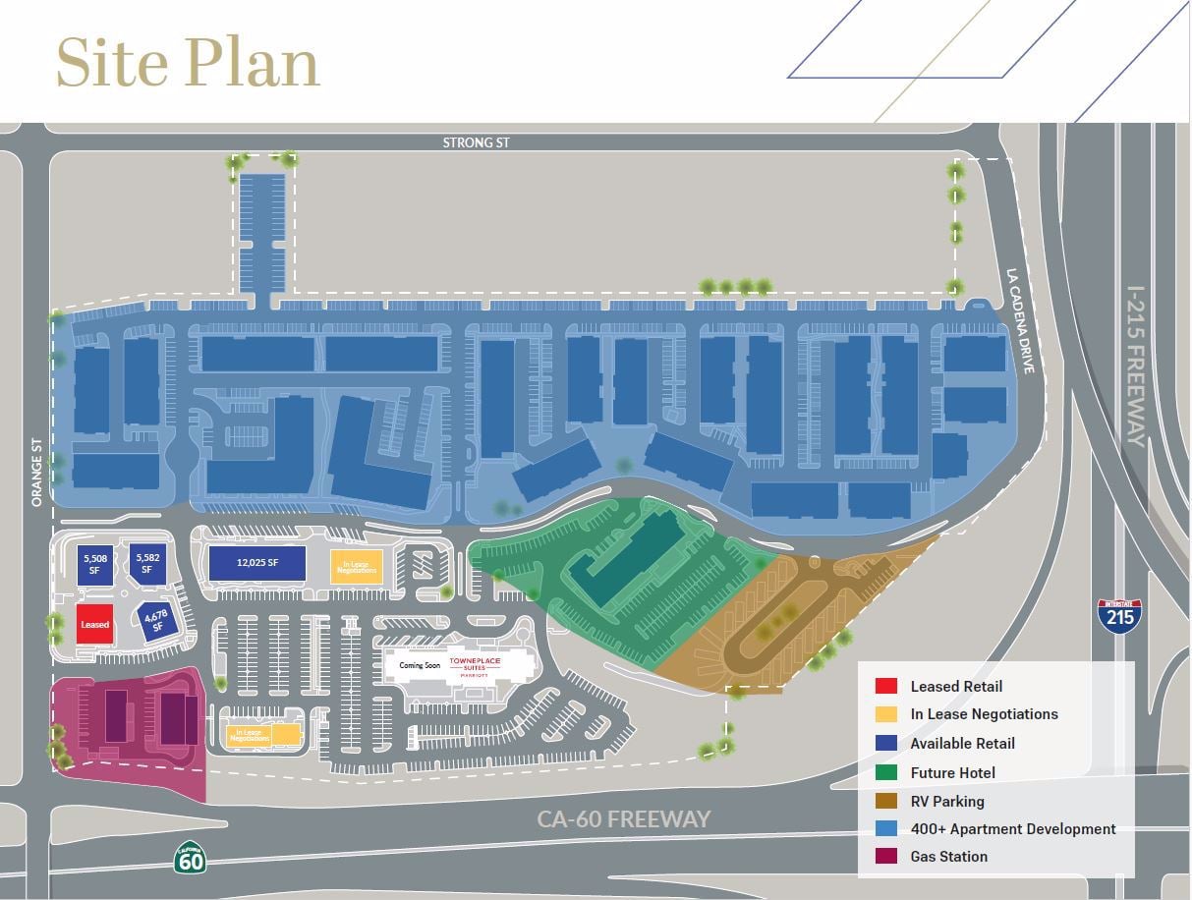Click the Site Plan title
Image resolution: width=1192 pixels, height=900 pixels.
pos(188,63)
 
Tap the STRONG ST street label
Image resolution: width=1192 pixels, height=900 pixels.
pos(476,143)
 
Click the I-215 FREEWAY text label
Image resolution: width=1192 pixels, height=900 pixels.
pos(1136,366)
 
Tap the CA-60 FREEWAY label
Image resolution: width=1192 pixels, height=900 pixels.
pos(623,818)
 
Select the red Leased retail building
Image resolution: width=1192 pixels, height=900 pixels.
pos(95,624)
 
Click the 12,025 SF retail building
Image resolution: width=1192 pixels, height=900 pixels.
pos(256,564)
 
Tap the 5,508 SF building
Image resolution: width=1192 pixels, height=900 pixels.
pos(95,565)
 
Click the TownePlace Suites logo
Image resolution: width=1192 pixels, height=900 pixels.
pos(475,665)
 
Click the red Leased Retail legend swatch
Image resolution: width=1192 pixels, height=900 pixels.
pos(886,687)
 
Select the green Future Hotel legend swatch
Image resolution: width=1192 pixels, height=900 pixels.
pos(886,772)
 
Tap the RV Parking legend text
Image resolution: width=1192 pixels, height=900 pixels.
pos(946,801)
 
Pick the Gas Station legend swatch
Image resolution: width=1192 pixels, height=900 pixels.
pos(886,857)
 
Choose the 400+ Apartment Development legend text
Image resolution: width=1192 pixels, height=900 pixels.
pos(1012,829)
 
